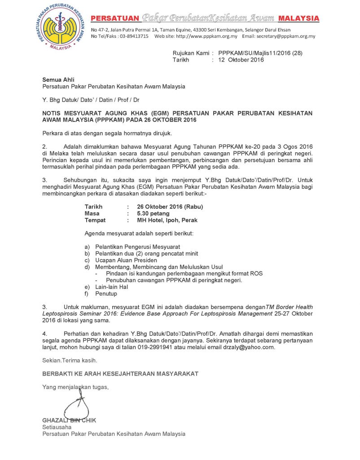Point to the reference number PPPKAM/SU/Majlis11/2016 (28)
(260, 53)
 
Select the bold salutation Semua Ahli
(55, 80)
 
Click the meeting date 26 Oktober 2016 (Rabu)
(170, 207)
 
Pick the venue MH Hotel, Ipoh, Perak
(167, 221)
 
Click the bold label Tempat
(95, 221)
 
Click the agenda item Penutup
(106, 294)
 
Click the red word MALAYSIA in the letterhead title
(299, 18)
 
